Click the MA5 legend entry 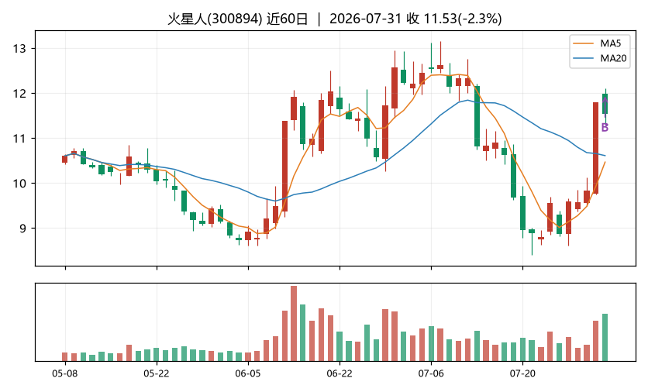pos(600,43)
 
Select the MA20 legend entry pos(600,58)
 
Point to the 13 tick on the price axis pos(19,49)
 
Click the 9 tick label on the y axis pos(22,229)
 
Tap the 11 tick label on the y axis pos(19,139)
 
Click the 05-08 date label pos(65,374)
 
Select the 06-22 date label pos(340,374)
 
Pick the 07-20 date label pos(522,374)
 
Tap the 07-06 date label pos(431,374)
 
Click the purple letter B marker pos(605,128)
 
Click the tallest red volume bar pos(294,323)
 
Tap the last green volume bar pos(605,338)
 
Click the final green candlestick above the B pos(605,104)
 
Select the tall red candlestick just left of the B pos(595,148)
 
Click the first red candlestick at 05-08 pos(65,159)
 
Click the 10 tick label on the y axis pos(19,184)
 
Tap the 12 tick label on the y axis pos(19,94)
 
